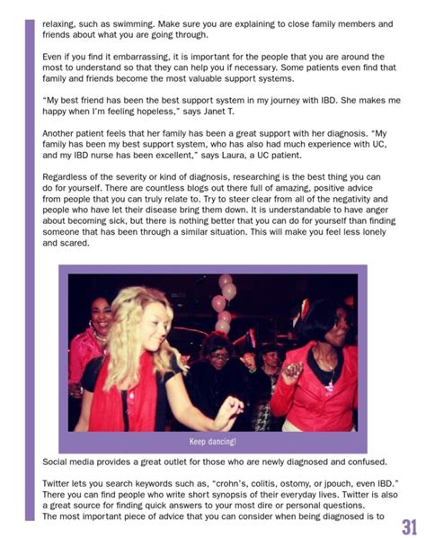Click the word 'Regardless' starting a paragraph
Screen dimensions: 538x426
point(68,177)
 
